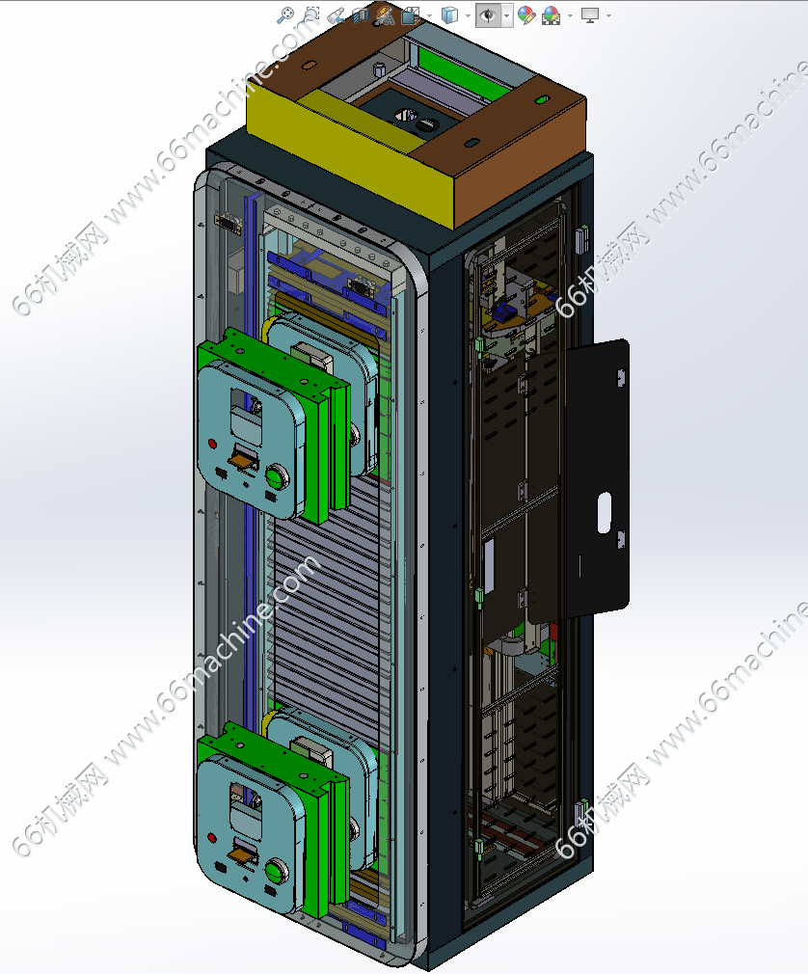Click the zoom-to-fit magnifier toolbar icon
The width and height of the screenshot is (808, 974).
pyautogui.click(x=285, y=14)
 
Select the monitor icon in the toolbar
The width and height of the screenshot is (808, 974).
pyautogui.click(x=589, y=14)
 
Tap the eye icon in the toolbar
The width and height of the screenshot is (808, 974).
pyautogui.click(x=489, y=14)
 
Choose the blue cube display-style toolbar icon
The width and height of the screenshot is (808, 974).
pyautogui.click(x=449, y=14)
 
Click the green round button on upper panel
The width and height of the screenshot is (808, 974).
pyautogui.click(x=276, y=477)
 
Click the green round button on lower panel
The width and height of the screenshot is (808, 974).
pyautogui.click(x=276, y=871)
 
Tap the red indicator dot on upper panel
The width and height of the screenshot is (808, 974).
pyautogui.click(x=212, y=445)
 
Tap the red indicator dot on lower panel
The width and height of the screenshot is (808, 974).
pyautogui.click(x=212, y=839)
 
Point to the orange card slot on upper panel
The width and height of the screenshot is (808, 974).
pyautogui.click(x=243, y=460)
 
